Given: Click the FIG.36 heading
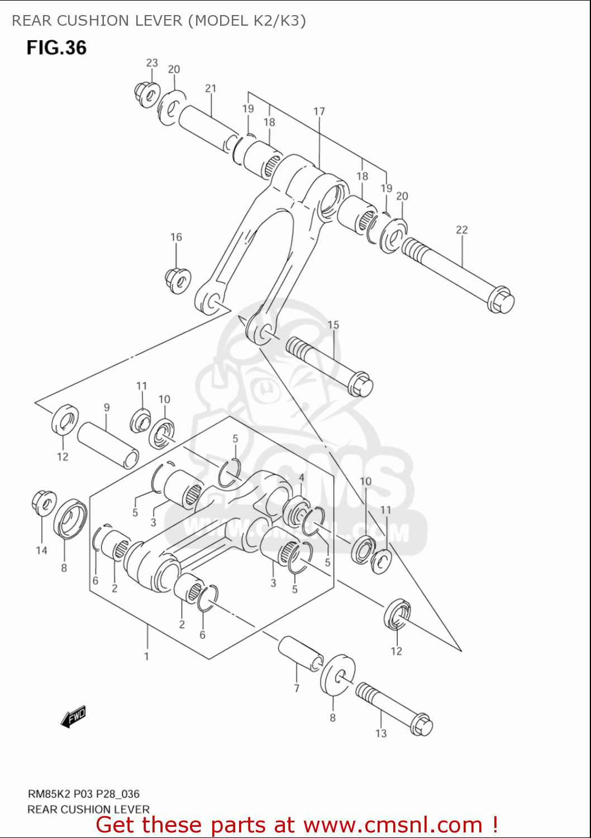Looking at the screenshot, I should coord(56,47).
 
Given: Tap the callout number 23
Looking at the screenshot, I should coord(152,63).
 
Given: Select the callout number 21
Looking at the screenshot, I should coord(211,88).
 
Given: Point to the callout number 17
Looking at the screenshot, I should coord(319,111).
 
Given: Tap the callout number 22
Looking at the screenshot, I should coord(461,230).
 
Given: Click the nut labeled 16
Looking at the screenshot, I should coord(178,280).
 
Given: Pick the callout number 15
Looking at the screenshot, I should coord(333,325).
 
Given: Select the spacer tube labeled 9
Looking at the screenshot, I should coord(108,445).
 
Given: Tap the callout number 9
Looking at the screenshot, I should coord(106,408).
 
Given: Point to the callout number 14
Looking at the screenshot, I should coord(41,550).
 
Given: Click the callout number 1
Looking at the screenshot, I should coord(146,656).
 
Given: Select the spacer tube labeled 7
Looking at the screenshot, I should coord(301,653).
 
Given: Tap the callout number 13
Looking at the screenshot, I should coord(381,733).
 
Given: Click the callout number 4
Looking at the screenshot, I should coord(302,478).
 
